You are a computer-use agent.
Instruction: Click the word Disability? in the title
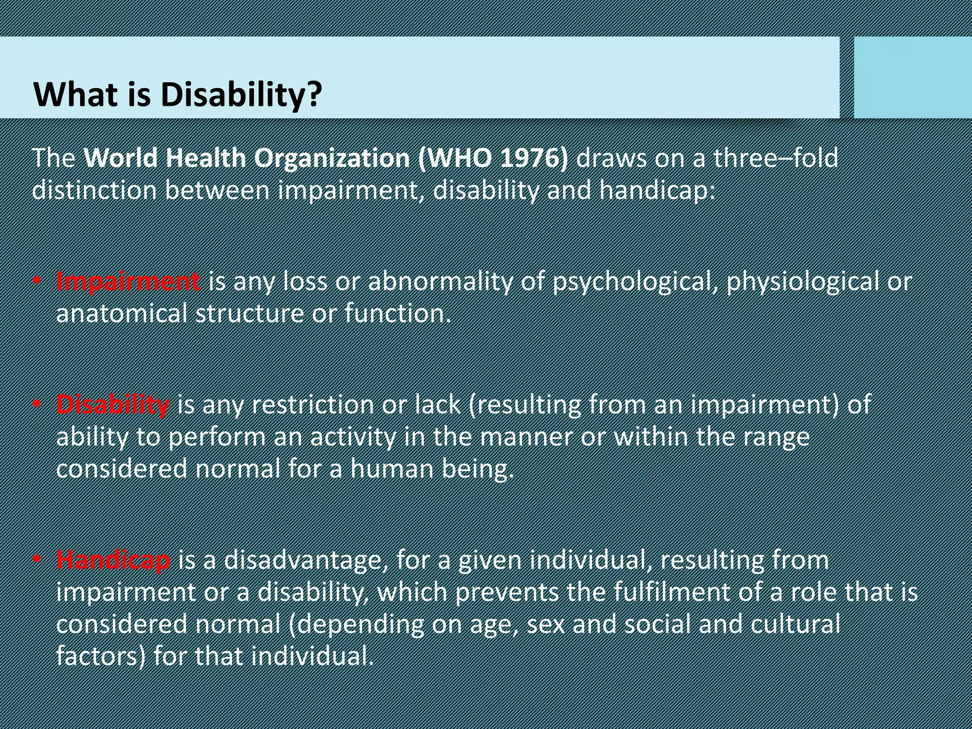[x=241, y=94]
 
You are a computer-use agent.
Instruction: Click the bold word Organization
[x=332, y=159]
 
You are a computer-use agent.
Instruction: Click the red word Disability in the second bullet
[x=112, y=405]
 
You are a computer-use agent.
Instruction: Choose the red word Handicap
[x=113, y=560]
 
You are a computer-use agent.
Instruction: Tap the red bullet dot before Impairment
[x=37, y=281]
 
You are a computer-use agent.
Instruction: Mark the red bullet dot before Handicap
[x=37, y=560]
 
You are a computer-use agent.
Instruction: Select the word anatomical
[x=121, y=314]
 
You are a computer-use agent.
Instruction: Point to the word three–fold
[x=776, y=158]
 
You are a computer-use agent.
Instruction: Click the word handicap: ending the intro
[x=657, y=190]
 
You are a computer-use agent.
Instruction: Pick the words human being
[x=432, y=469]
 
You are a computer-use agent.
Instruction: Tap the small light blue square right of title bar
[x=912, y=77]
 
